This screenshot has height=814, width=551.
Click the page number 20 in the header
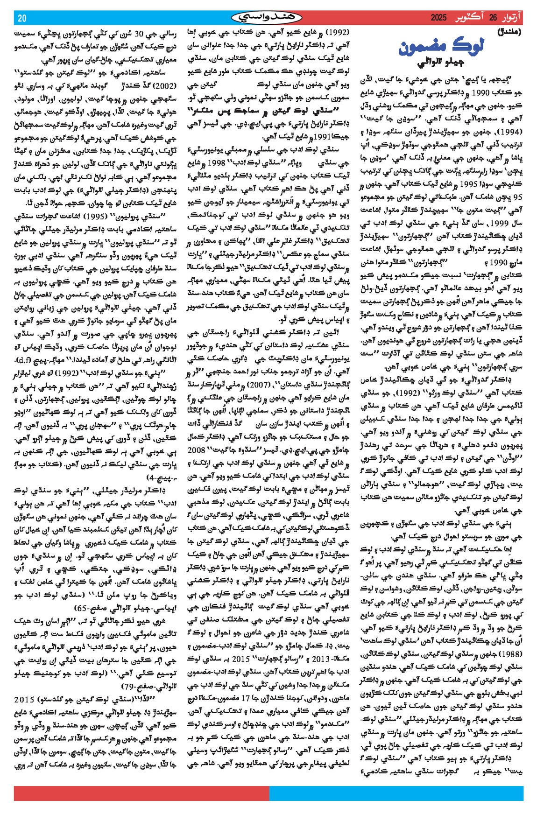point(22,18)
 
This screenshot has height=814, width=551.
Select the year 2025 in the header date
point(438,18)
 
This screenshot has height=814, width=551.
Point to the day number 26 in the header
point(493,18)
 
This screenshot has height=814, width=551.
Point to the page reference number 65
point(83,608)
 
